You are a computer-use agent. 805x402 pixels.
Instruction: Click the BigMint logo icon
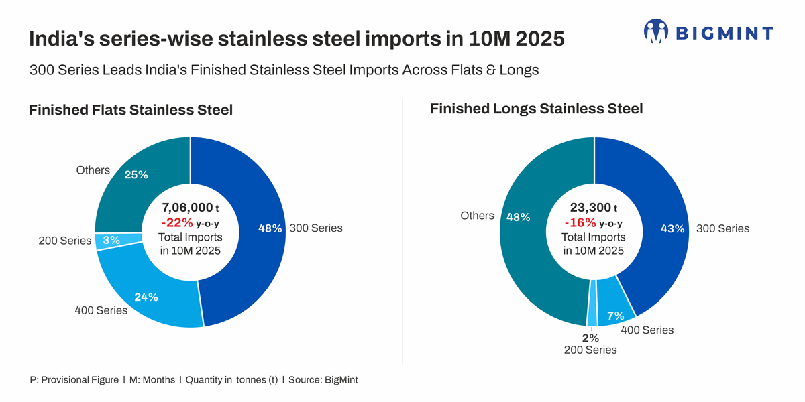click(656, 32)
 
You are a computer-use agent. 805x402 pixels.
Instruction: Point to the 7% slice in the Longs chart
click(614, 308)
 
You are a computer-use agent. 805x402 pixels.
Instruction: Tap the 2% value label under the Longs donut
click(590, 338)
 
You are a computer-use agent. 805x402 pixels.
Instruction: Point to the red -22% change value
click(177, 223)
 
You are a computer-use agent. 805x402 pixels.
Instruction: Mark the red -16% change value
click(580, 223)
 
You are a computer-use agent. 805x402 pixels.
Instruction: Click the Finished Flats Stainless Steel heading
click(131, 110)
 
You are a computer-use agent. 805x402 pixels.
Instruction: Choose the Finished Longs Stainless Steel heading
click(537, 108)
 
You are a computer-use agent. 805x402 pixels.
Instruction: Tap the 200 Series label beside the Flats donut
click(64, 241)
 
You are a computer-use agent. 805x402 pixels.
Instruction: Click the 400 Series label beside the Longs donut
click(647, 330)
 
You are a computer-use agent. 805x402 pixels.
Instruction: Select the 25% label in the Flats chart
click(136, 175)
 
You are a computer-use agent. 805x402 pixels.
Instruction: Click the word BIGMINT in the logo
click(724, 33)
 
